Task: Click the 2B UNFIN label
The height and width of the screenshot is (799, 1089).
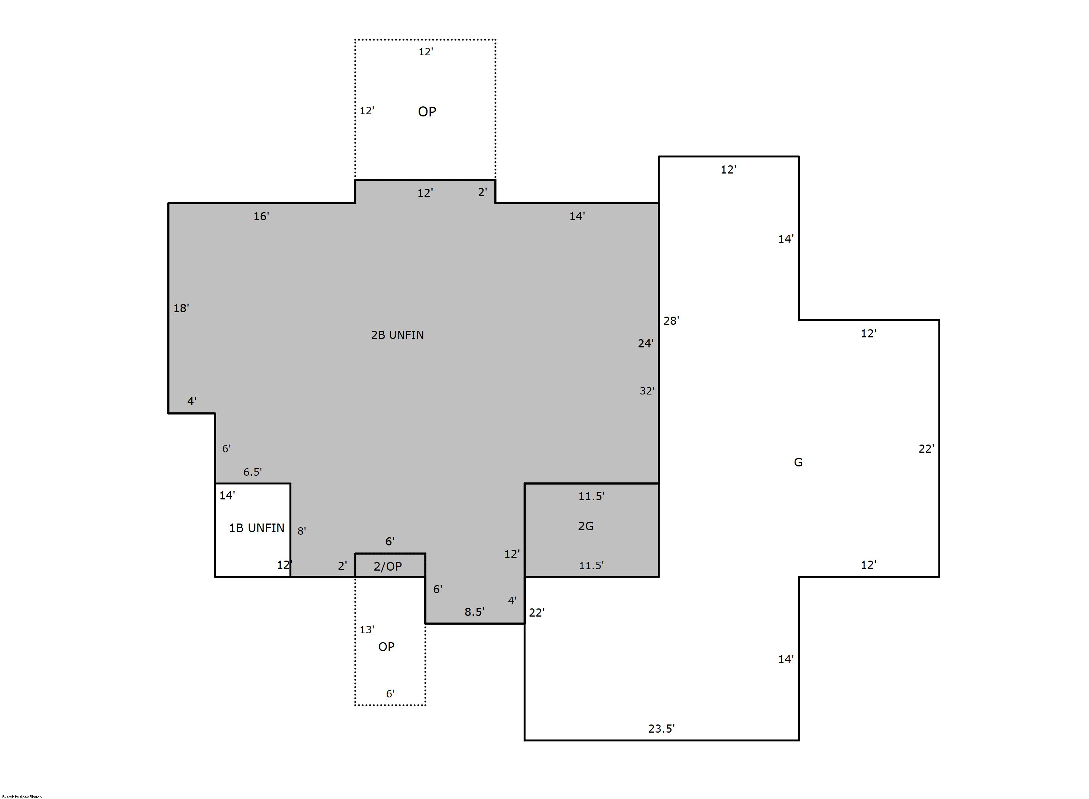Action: coord(397,335)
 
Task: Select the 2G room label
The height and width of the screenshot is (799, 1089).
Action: coord(585,526)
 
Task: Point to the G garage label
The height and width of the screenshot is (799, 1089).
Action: coord(798,462)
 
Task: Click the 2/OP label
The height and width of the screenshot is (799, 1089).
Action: coord(387,567)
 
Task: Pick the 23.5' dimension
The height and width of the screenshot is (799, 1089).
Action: coord(661,729)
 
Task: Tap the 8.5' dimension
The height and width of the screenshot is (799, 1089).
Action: coord(474,612)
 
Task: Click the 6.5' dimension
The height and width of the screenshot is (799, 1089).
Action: coord(253,472)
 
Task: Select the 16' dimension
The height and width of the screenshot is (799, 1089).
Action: coord(261,216)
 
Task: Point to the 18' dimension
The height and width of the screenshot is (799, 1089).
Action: coord(181,308)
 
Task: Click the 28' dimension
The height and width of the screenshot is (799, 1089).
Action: coord(671,321)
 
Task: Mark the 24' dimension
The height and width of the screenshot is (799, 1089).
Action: coord(646,343)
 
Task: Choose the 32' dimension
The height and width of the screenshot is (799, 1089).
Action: coord(647,391)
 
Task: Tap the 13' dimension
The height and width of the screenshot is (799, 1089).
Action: coord(367,629)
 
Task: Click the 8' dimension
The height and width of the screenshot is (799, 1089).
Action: coord(301,531)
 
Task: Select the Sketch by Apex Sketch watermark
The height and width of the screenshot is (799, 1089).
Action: coord(22,796)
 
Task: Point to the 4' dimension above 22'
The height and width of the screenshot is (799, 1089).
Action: coord(512,600)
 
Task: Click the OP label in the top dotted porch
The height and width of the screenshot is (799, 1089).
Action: coord(427,112)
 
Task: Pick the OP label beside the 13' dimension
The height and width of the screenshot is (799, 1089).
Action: coord(386,647)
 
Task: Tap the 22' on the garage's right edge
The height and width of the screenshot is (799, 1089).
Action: coord(926,449)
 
